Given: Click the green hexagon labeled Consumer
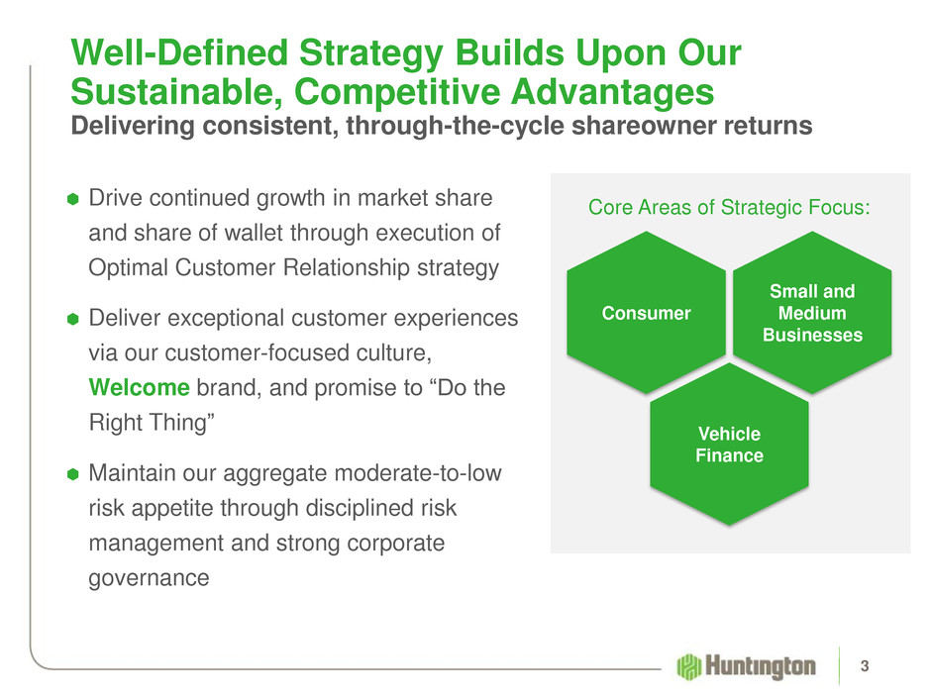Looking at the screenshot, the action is pos(646,313).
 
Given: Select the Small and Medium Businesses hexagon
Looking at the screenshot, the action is pos(812,313).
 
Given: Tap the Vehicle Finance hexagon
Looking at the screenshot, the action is pos(729,445).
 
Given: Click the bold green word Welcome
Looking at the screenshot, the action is pos(139,387).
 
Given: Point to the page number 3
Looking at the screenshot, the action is pos(865,666).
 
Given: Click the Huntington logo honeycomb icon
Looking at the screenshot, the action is pos(689,666).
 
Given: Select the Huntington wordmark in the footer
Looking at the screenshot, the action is pos(761,666).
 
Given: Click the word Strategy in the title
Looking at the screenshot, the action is pos(371,54).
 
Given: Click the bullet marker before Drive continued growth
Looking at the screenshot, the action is pos(73,199).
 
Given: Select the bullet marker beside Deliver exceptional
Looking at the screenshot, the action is pos(73,319).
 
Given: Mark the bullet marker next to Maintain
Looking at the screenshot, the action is pos(73,473).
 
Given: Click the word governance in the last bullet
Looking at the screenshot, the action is pos(149,578).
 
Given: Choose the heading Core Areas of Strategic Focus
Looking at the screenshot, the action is pos(729,207).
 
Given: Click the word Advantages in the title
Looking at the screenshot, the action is pos(612,92).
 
